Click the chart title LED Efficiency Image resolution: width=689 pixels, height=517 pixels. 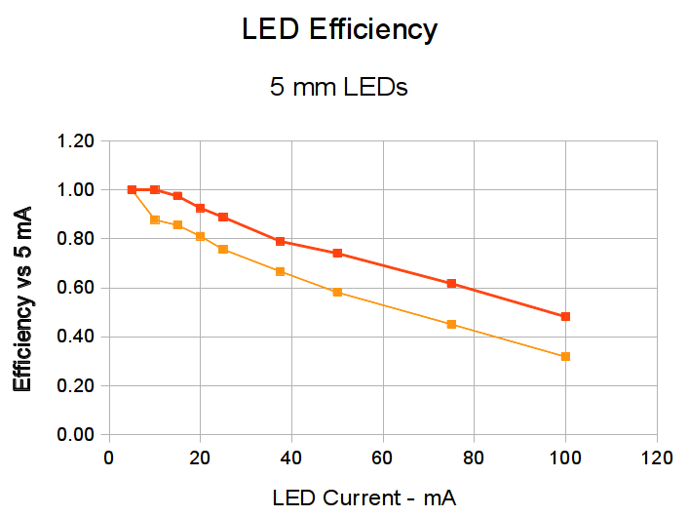coord(339,30)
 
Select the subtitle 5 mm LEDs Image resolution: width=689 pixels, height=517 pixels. coord(338,87)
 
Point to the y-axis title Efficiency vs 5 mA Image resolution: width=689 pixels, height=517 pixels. coord(22,298)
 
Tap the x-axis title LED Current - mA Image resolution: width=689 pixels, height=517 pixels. coord(364,497)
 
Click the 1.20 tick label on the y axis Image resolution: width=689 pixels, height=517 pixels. coord(75,141)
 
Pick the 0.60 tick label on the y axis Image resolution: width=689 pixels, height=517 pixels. coord(75,288)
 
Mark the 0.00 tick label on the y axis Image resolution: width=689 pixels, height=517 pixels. coord(75,435)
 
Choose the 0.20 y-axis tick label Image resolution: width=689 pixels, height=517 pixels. coord(75,386)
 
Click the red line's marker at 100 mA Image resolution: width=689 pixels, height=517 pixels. coord(565,316)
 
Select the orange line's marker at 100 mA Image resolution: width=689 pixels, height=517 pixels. coord(565,356)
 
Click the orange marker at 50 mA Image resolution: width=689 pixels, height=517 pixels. coord(337,292)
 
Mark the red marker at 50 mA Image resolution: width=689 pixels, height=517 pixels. coord(337,253)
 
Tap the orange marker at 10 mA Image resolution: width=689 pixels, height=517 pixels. coord(155,219)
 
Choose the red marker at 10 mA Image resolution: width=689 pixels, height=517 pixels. coord(155,189)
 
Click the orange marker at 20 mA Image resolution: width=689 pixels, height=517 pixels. coord(200,236)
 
